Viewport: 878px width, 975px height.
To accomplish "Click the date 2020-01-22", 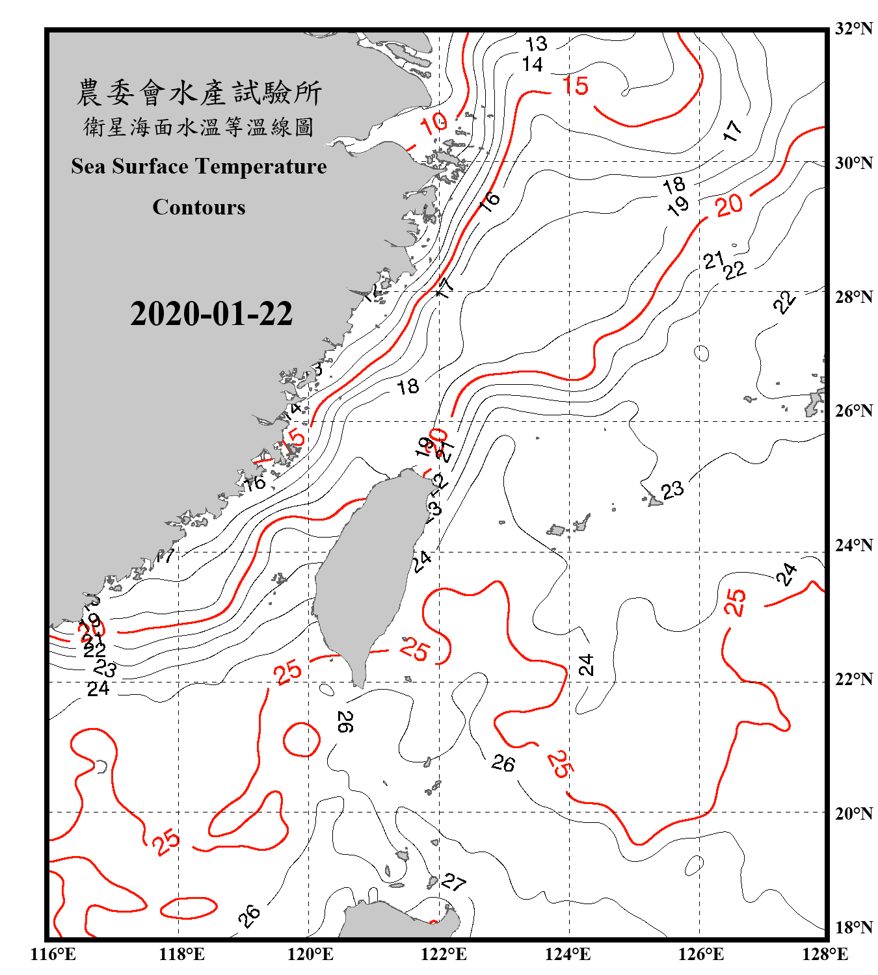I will (x=211, y=314).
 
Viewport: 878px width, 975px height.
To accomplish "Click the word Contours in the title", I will (x=199, y=207).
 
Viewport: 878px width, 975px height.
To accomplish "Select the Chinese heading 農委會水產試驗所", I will (x=199, y=93).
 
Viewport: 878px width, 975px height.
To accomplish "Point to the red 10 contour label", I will (x=434, y=123).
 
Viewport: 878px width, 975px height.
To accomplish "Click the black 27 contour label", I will (x=453, y=882).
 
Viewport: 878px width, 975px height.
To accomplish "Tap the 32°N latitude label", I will (x=853, y=29).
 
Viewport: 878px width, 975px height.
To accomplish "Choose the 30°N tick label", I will (x=853, y=163).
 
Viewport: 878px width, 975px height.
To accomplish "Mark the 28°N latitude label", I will (x=853, y=297).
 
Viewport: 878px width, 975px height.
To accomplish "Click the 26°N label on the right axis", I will (x=853, y=411).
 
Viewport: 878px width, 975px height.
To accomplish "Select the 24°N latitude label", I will (x=853, y=545).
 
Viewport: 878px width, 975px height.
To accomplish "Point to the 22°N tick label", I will (x=853, y=679).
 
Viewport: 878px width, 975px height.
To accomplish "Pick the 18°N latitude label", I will (x=853, y=928).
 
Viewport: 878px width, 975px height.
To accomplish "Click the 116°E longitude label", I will (x=53, y=954).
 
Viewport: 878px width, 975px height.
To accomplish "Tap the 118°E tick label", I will (x=181, y=954).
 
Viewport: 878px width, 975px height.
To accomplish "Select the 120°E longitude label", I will (x=310, y=954).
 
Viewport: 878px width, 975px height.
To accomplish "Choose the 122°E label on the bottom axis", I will (x=444, y=954).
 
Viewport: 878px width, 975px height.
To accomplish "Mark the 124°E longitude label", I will (x=568, y=954).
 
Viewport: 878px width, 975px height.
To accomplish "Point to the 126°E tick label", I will (x=700, y=954).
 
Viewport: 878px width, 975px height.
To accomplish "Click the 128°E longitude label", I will (x=825, y=954).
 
